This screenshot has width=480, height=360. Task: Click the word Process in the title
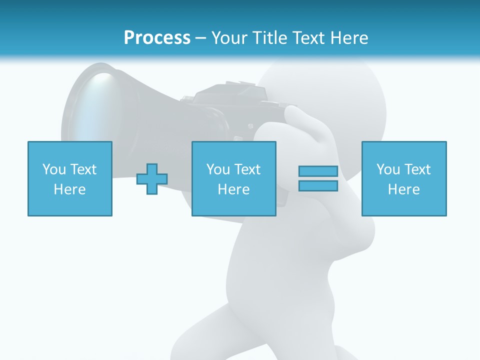[x=157, y=38]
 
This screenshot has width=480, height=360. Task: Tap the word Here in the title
[x=348, y=38]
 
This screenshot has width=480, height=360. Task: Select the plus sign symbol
[x=152, y=178]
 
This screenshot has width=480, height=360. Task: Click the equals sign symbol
[x=318, y=178]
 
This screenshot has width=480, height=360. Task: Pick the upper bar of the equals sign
[x=318, y=171]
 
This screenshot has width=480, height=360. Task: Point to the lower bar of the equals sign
[x=318, y=185]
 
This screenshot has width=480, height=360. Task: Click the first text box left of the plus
[x=70, y=178]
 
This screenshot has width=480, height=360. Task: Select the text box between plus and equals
[x=234, y=178]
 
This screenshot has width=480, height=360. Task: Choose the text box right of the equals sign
[x=404, y=178]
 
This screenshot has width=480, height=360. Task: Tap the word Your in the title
[x=229, y=38]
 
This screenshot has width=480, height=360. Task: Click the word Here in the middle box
[x=234, y=189]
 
